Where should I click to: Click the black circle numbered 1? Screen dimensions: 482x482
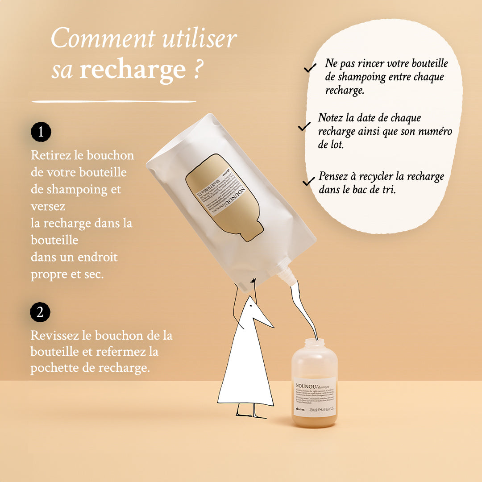[41, 132]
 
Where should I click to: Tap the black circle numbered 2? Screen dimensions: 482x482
[40, 312]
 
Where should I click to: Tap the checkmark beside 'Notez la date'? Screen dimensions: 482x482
[304, 127]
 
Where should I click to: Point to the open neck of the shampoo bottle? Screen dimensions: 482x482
[314, 343]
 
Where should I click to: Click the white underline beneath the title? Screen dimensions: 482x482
[114, 101]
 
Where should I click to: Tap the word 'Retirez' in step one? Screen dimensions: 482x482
[47, 155]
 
